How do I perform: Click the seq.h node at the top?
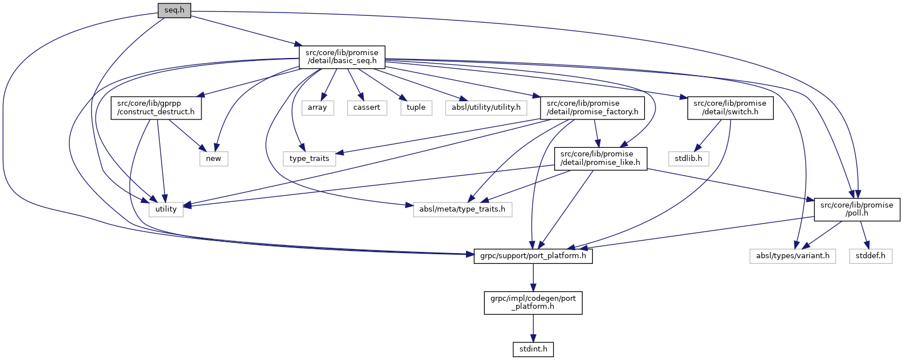click(174, 10)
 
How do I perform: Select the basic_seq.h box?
click(341, 57)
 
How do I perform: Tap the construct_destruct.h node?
click(156, 107)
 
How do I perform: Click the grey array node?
click(318, 107)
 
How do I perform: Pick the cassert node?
click(366, 107)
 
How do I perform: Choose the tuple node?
click(416, 107)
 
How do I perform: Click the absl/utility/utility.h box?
click(486, 107)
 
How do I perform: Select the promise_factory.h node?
click(592, 107)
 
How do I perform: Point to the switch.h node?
click(730, 107)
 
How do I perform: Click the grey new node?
click(213, 159)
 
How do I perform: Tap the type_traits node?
click(309, 159)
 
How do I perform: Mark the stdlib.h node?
click(688, 159)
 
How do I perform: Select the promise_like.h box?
click(600, 158)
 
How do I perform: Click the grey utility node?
click(166, 209)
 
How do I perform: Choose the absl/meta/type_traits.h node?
click(462, 209)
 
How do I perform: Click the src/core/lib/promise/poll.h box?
click(857, 209)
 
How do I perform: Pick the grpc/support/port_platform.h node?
click(533, 256)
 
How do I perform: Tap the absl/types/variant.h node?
click(793, 256)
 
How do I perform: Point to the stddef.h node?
click(871, 256)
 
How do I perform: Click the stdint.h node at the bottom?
click(533, 349)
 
